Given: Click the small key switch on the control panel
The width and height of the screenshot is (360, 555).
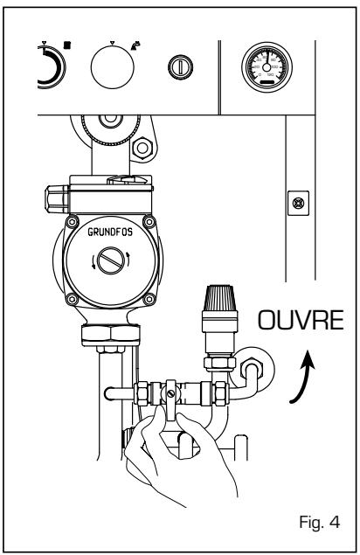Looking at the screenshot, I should (176, 64).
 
